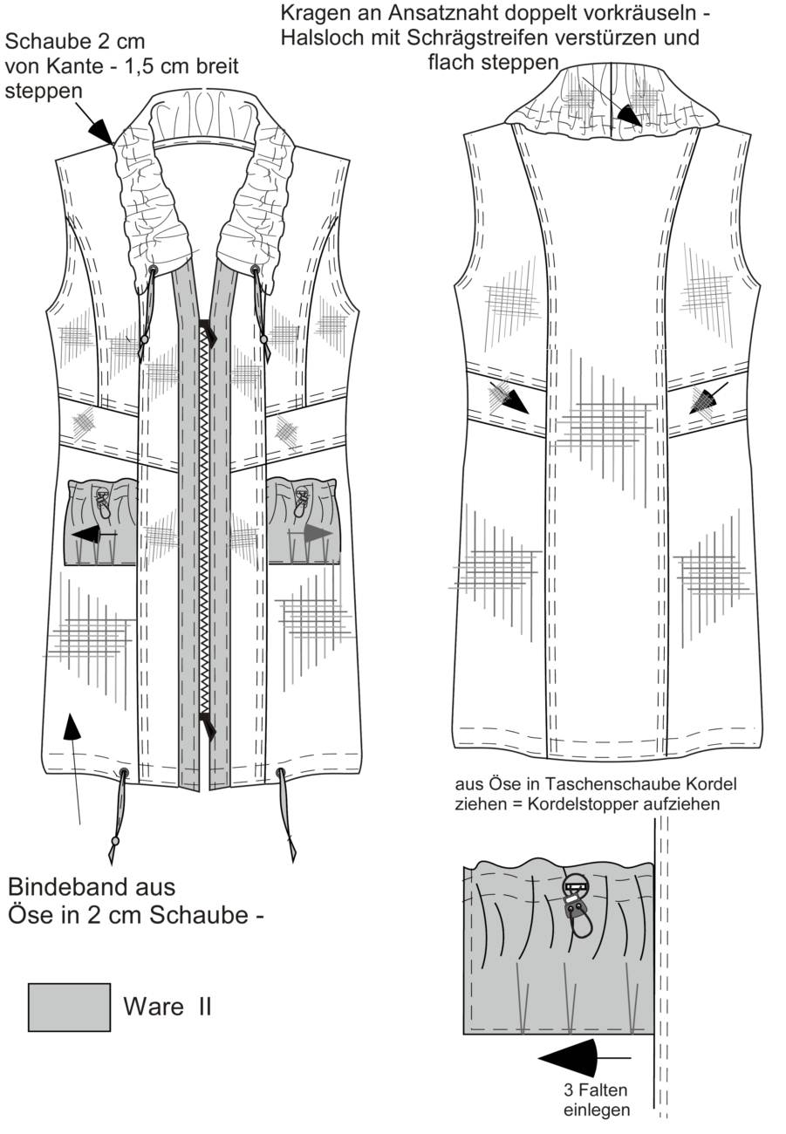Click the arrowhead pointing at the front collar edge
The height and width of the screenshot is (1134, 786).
pyautogui.click(x=100, y=132)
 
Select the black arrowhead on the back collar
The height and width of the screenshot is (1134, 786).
pyautogui.click(x=628, y=115)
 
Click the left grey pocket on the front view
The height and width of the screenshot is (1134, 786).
pyautogui.click(x=101, y=522)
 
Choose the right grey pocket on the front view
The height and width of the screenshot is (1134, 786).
pyautogui.click(x=304, y=522)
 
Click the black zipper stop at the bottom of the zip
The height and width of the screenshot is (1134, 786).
pyautogui.click(x=208, y=724)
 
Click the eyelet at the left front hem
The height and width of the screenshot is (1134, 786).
pyautogui.click(x=124, y=773)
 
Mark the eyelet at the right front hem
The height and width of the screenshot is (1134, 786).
pyautogui.click(x=281, y=772)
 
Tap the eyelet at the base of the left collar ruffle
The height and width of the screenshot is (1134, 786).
pyautogui.click(x=154, y=269)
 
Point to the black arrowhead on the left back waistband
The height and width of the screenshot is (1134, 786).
pyautogui.click(x=513, y=399)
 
